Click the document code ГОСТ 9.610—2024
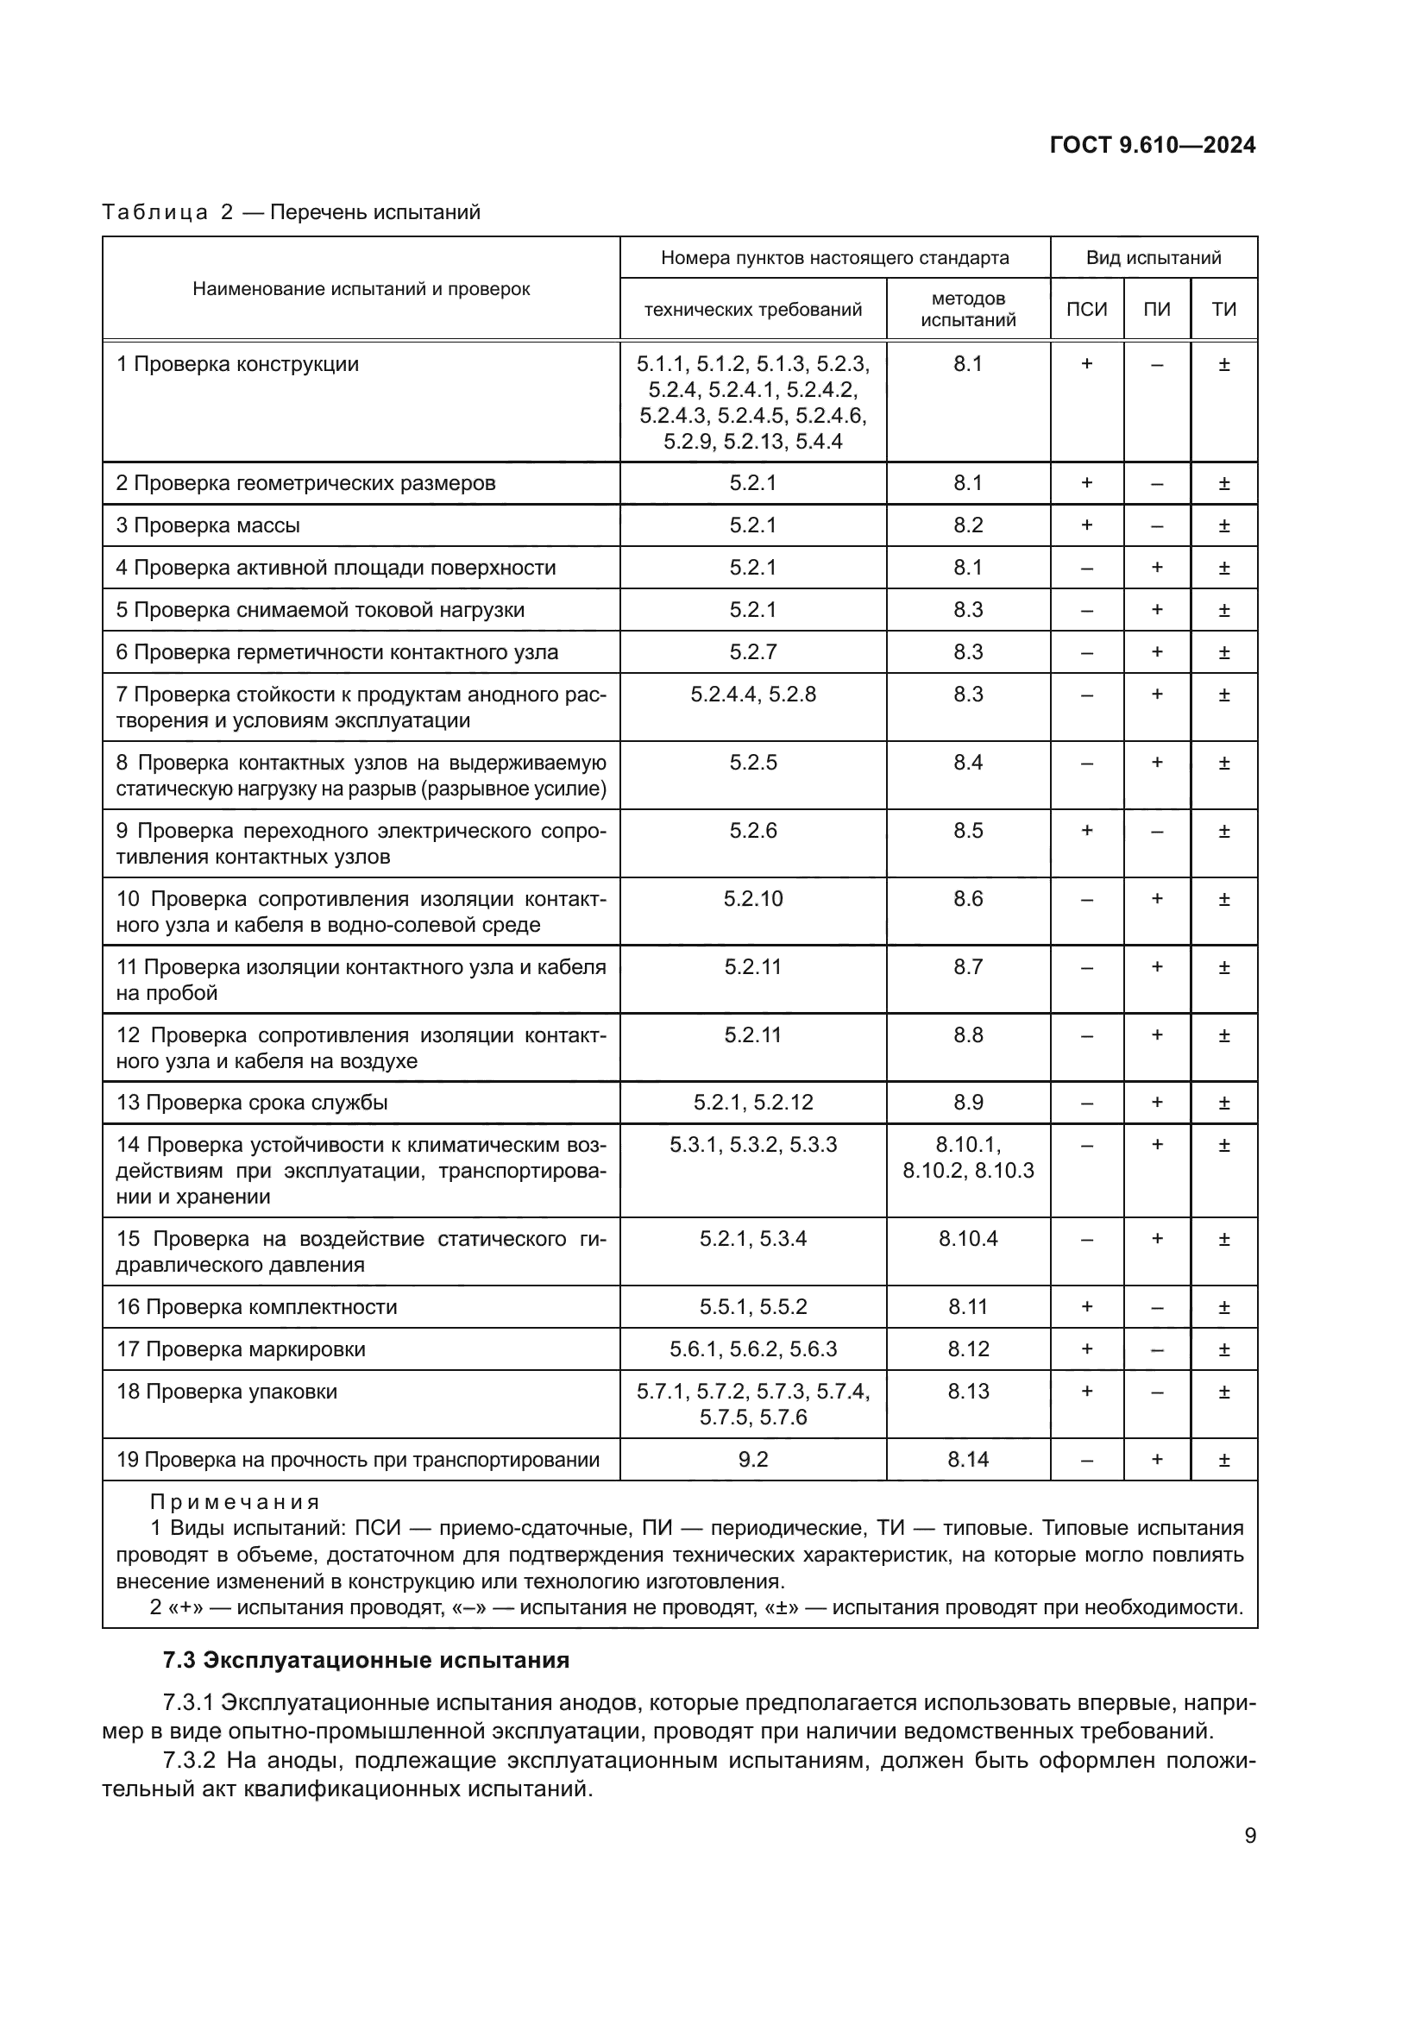click(x=1152, y=146)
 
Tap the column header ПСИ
click(x=1086, y=310)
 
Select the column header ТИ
click(x=1223, y=310)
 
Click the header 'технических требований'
click(x=752, y=310)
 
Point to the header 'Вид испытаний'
click(x=1153, y=257)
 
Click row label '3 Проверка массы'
click(x=208, y=525)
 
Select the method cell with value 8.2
click(x=967, y=525)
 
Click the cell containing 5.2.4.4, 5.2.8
click(x=752, y=695)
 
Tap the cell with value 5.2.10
click(x=752, y=898)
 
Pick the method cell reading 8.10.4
click(x=967, y=1238)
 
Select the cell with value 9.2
click(x=752, y=1459)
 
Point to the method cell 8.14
click(x=967, y=1459)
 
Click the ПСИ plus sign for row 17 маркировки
click(x=1086, y=1349)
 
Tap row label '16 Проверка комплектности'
click(x=256, y=1307)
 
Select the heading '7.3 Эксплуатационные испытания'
click(x=366, y=1660)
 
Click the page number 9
click(x=1249, y=1836)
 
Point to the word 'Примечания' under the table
click(x=235, y=1502)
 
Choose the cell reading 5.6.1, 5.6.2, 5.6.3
click(x=752, y=1349)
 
